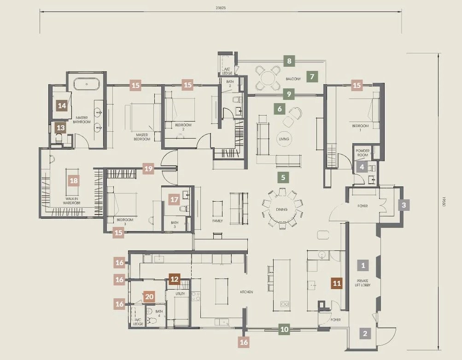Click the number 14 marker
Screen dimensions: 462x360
tap(62, 105)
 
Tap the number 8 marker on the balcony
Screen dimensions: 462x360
tap(289, 61)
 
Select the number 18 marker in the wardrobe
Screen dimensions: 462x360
tap(74, 180)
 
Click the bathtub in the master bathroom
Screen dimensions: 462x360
tap(87, 84)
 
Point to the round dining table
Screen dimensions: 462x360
tap(282, 209)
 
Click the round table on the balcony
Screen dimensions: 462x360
tap(268, 78)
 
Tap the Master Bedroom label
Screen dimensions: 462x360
tap(142, 137)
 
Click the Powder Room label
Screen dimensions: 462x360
tap(363, 153)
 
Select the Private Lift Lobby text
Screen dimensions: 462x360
tap(363, 283)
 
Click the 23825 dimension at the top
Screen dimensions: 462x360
tap(221, 8)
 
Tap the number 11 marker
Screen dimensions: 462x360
tap(337, 284)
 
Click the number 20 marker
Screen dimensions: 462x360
tap(149, 297)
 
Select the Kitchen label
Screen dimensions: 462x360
tap(246, 292)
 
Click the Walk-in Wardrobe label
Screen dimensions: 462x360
tap(71, 201)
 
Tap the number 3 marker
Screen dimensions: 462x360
tap(404, 205)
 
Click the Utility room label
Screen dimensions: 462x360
tap(180, 293)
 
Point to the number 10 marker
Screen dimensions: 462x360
tap(284, 329)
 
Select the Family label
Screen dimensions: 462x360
tap(217, 221)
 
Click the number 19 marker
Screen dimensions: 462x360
tap(148, 168)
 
